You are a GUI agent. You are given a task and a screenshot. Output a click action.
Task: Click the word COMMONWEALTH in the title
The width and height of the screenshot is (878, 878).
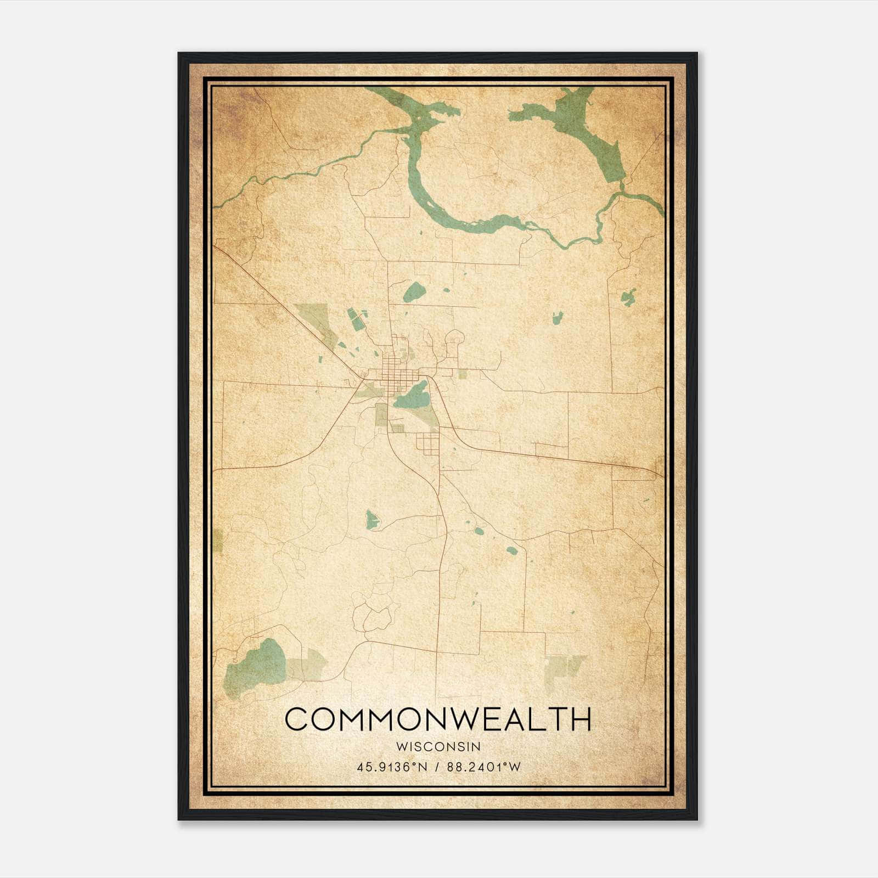(438, 719)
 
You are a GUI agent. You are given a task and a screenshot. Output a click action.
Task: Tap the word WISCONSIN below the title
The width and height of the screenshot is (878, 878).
(438, 746)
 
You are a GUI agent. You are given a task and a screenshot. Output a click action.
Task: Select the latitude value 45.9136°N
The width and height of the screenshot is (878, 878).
(391, 767)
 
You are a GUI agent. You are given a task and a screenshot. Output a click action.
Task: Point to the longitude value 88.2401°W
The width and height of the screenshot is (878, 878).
(483, 767)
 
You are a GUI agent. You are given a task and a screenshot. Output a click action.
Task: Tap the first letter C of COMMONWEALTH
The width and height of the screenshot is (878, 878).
(297, 719)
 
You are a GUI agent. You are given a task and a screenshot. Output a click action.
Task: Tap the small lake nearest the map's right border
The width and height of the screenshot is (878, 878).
(628, 297)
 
